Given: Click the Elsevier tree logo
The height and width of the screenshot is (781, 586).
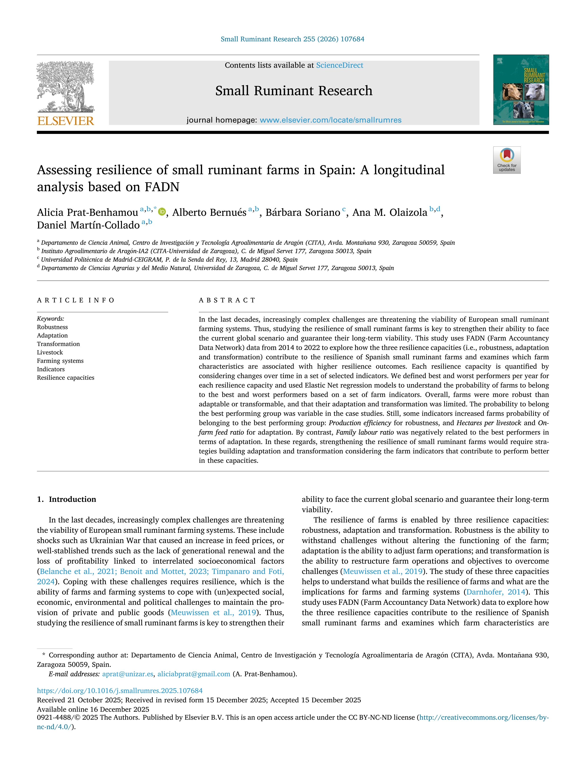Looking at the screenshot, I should (66, 86).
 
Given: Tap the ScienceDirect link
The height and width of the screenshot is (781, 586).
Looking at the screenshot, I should (340, 65).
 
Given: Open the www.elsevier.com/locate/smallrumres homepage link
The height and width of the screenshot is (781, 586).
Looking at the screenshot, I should (330, 120).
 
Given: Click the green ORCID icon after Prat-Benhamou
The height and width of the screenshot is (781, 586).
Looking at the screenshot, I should (162, 212).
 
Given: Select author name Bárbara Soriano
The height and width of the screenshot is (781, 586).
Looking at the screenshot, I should (303, 213).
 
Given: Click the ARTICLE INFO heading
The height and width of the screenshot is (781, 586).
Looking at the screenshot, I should (76, 300).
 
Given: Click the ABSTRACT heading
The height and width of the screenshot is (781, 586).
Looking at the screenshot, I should (227, 300).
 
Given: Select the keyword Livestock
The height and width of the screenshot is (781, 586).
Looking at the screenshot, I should (50, 352).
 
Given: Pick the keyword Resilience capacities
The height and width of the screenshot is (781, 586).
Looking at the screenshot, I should (66, 378).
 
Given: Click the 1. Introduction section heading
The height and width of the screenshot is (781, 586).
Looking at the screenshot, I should (66, 499).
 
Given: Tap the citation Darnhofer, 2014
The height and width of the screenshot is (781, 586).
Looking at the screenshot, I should (496, 592).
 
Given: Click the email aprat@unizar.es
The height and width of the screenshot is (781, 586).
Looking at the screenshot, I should (128, 674).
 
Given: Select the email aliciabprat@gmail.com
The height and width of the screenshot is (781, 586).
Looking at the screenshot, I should (194, 674).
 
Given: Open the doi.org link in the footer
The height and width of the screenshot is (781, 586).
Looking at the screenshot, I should (120, 691).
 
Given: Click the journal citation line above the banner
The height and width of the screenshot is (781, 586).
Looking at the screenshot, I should (293, 39).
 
